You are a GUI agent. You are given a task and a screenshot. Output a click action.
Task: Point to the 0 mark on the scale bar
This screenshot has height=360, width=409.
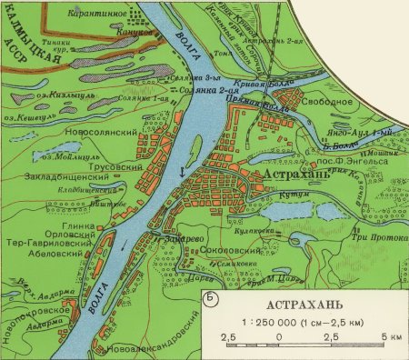[277, 337]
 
